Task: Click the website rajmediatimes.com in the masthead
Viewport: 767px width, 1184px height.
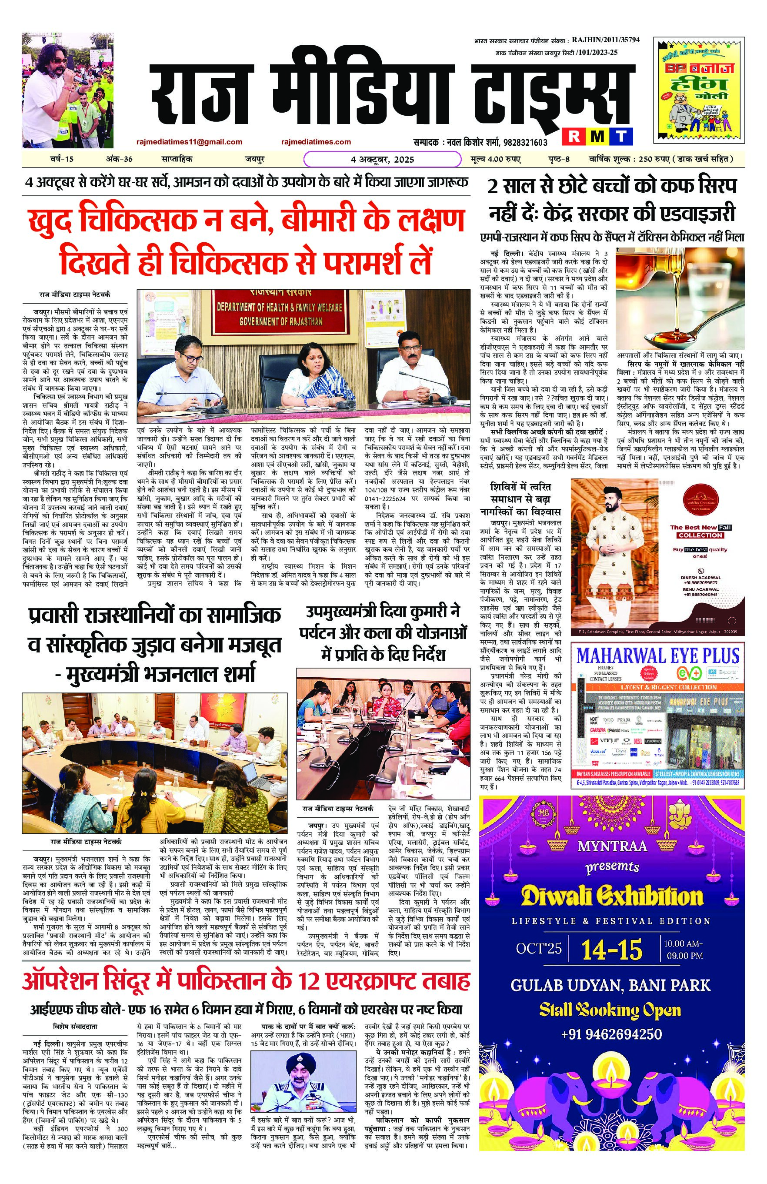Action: tap(316, 142)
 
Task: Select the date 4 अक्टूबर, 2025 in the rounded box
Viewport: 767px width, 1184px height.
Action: tap(382, 160)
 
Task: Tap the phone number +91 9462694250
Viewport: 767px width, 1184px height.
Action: tap(611, 1020)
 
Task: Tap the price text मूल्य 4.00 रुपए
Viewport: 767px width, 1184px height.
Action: tap(495, 159)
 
